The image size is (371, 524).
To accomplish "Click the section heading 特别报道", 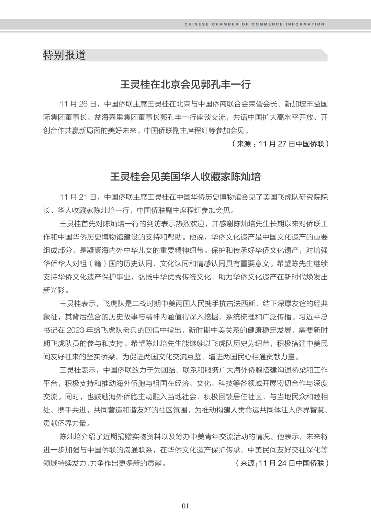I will point(64,55).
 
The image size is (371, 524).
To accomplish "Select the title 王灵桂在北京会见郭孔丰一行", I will point(185,85).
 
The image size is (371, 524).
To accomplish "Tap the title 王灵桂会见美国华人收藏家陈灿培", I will point(185,177).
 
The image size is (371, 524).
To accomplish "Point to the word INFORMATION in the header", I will point(306,24).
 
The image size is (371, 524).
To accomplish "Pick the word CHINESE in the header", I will point(196,24).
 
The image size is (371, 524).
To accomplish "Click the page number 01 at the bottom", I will point(185,506).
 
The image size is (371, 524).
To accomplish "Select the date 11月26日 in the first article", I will point(78,104).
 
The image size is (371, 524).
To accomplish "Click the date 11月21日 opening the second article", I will point(78,197).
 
